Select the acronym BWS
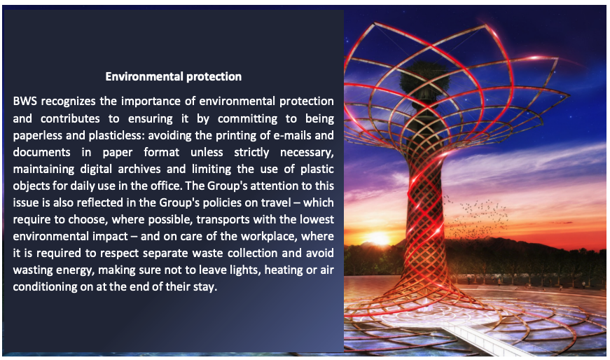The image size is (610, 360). click(x=25, y=101)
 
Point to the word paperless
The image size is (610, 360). click(x=37, y=135)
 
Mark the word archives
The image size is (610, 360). click(x=139, y=169)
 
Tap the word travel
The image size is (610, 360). click(x=277, y=203)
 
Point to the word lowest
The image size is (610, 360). click(x=317, y=219)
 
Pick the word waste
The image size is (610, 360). click(x=202, y=253)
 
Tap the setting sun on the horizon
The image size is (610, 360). click(x=377, y=237)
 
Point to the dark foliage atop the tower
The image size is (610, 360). click(x=421, y=76)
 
